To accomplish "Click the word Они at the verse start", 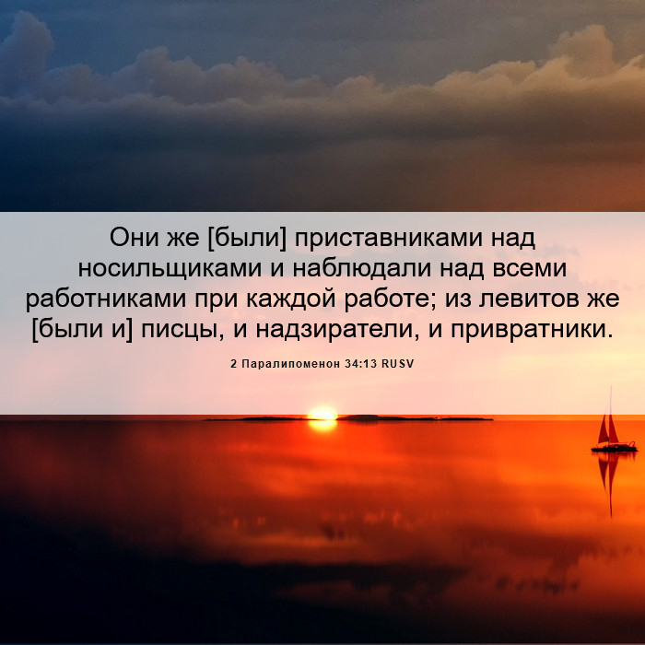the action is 135,238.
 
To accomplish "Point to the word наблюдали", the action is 362,269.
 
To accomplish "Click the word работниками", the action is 106,300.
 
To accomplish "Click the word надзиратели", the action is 334,330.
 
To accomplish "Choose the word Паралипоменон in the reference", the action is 290,364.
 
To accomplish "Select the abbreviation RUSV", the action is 397,364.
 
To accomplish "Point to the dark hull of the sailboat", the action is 615,448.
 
